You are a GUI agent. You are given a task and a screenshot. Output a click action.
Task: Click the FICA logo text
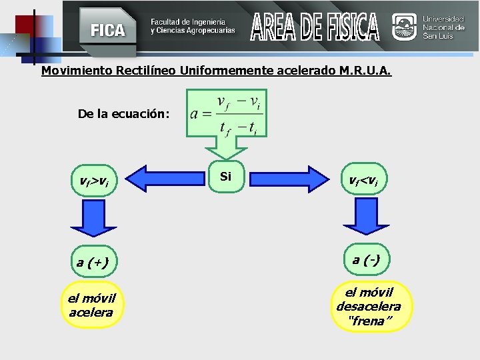pyautogui.click(x=107, y=30)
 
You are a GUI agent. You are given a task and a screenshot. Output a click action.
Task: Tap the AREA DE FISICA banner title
pyautogui.click(x=315, y=27)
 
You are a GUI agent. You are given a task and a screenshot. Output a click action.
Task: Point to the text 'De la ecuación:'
pyautogui.click(x=123, y=114)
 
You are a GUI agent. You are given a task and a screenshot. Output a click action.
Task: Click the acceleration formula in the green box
pyautogui.click(x=226, y=115)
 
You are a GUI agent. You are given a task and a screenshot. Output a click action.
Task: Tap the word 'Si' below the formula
pyautogui.click(x=225, y=177)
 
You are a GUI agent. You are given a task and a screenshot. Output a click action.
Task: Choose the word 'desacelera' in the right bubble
pyautogui.click(x=369, y=307)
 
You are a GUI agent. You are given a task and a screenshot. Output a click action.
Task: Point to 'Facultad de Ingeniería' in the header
pyautogui.click(x=187, y=23)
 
